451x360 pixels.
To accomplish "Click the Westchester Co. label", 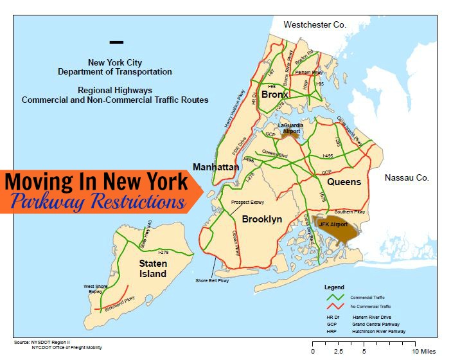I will point(315,24).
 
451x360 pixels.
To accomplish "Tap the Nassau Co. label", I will point(407,178).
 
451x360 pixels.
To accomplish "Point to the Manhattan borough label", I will point(216,167).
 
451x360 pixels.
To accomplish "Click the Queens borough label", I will point(344,182).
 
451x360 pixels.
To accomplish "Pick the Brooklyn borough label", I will point(262,219).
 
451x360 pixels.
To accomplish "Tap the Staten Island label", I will point(153,269).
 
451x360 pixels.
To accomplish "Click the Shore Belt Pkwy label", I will point(213,280).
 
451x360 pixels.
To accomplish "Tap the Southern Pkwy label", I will point(350,212).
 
